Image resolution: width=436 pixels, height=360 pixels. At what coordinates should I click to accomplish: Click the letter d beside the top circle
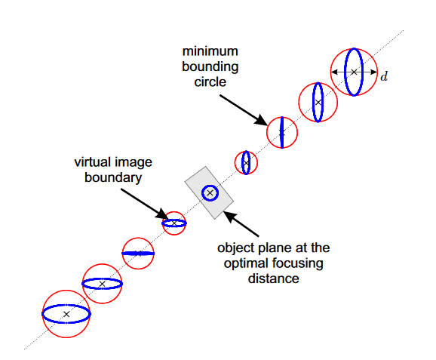click(x=384, y=76)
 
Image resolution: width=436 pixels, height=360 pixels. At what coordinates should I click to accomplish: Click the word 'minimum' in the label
click(x=210, y=51)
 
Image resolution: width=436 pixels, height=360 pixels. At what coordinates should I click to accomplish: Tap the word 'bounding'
click(x=210, y=67)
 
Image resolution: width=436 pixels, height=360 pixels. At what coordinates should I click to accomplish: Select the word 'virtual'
click(x=93, y=162)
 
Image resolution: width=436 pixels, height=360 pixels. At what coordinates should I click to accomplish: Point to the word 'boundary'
click(x=113, y=178)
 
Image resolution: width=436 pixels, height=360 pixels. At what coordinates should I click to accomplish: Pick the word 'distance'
click(x=274, y=278)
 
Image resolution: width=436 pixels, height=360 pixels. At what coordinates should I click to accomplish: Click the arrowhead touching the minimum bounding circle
click(x=262, y=120)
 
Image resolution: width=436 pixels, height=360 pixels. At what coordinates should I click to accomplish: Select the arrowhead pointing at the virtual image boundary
click(x=162, y=214)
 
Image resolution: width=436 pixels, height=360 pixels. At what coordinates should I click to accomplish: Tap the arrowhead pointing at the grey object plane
click(x=229, y=217)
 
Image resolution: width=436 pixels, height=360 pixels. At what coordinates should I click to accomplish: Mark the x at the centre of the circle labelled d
click(x=354, y=72)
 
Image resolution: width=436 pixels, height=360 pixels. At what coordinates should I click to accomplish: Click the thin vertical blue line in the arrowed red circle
click(x=282, y=132)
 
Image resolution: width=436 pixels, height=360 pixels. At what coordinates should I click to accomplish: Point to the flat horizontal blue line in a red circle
click(x=138, y=254)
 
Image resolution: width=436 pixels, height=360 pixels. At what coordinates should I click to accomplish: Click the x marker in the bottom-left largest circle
click(x=66, y=314)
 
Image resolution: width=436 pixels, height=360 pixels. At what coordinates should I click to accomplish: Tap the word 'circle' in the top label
click(x=210, y=82)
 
